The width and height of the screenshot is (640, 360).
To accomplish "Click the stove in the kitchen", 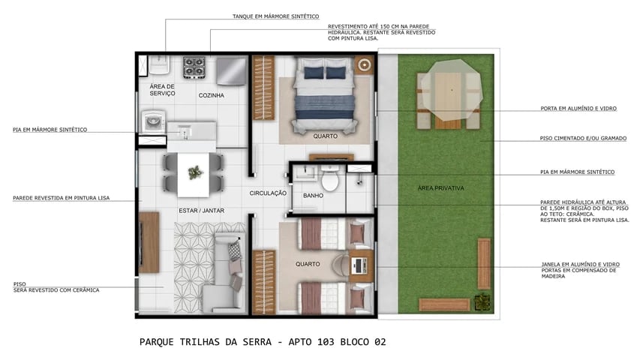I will click(x=195, y=68).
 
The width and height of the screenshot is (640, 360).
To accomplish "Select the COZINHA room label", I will click(x=211, y=95).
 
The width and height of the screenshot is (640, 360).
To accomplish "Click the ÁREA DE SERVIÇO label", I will click(x=162, y=90).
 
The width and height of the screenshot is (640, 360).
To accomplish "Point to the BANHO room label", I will click(x=313, y=196).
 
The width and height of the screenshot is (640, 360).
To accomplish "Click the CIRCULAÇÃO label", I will click(x=268, y=193).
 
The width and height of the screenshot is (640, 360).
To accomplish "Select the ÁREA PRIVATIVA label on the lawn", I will click(x=440, y=187).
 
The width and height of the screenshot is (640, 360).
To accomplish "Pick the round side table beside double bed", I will click(x=365, y=65).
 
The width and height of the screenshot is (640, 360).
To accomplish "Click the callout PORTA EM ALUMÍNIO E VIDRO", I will click(x=578, y=109).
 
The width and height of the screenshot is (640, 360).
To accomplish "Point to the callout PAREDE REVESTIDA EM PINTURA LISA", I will click(x=61, y=198).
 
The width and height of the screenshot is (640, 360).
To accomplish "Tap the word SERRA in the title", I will click(x=245, y=342).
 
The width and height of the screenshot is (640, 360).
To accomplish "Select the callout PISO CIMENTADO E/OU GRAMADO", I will click(x=583, y=139).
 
